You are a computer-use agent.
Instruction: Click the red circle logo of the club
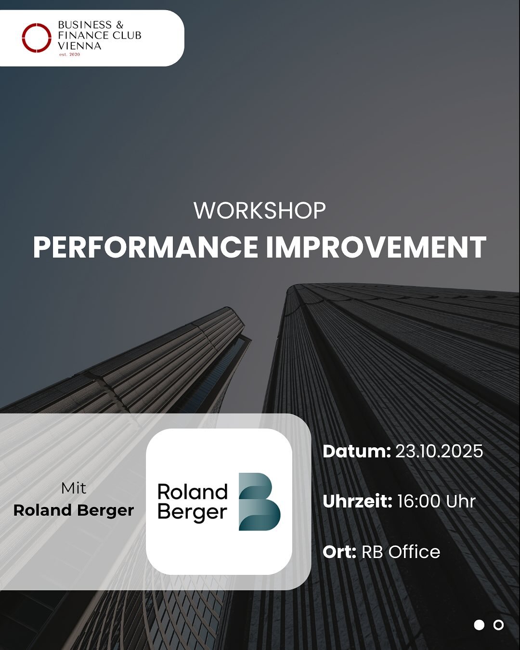click(37, 38)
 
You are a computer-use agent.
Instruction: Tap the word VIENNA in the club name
click(79, 46)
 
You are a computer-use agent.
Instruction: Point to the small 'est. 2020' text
click(70, 54)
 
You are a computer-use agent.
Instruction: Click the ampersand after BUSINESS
click(120, 25)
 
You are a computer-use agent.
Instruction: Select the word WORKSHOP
click(260, 210)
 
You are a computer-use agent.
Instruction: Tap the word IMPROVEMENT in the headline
click(376, 247)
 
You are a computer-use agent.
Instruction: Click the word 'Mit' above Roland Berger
click(74, 488)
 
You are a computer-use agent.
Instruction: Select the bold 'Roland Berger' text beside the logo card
click(74, 510)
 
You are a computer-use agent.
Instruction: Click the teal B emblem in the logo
click(260, 502)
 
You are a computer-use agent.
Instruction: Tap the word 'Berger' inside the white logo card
click(192, 513)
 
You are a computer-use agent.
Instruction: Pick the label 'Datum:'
click(356, 451)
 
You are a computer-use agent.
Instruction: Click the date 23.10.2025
click(439, 451)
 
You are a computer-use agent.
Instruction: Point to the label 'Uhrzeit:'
click(357, 501)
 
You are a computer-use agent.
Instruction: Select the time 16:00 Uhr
click(436, 501)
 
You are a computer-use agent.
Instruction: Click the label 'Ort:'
click(339, 552)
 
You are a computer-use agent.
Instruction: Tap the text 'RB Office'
click(401, 552)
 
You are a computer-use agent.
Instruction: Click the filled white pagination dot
click(479, 625)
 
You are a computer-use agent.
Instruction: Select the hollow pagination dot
click(498, 625)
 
